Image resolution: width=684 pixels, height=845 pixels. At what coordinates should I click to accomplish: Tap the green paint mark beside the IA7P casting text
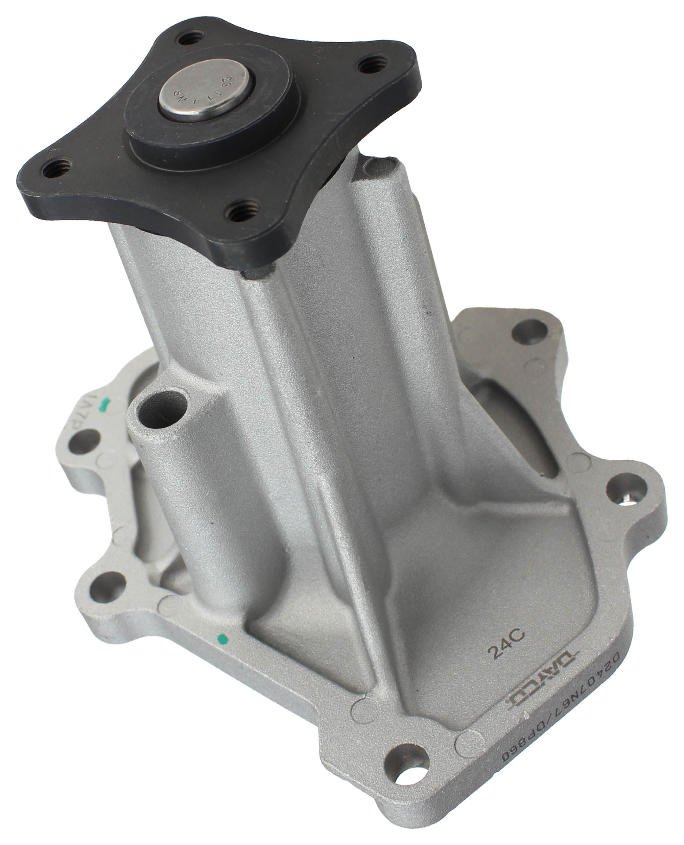[x=104, y=402]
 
